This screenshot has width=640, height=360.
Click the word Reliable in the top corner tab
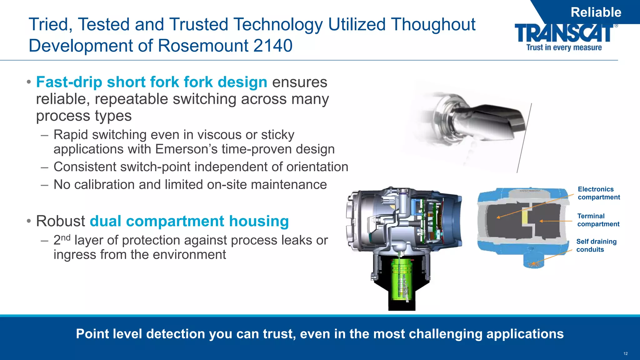pos(596,12)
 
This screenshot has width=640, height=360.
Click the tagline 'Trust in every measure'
pos(564,47)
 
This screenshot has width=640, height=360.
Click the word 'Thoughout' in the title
pos(433,24)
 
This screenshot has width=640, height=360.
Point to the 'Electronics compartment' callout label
pos(598,193)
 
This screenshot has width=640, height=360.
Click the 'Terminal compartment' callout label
pos(598,220)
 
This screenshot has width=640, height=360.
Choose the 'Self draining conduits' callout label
pos(596,245)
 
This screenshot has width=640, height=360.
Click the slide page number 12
pos(625,353)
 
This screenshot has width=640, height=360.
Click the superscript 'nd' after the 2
pos(66,237)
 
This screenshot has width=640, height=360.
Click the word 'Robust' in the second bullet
pos(61,221)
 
